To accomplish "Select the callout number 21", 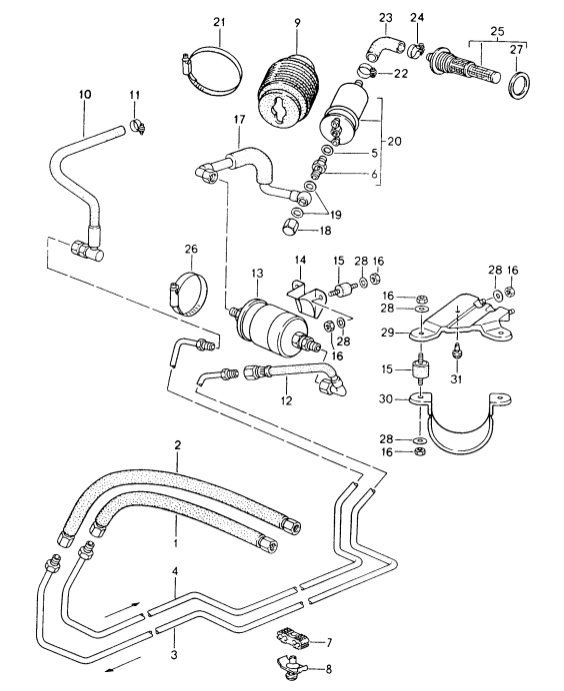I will point(219,21).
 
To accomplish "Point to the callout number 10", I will point(85,95).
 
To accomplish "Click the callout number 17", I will point(239,121).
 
